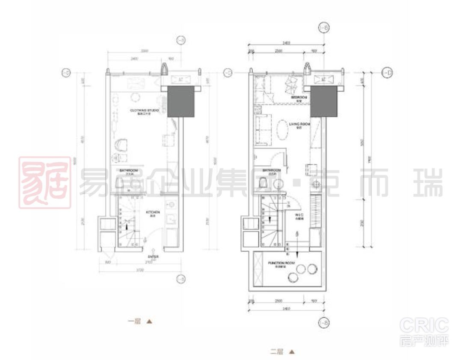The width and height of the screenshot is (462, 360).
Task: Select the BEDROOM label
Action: [x=299, y=98]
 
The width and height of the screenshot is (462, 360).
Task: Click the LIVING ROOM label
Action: [x=299, y=124]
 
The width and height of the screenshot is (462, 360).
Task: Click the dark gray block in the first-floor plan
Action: [x=181, y=101]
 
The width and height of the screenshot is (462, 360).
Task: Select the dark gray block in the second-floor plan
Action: [x=324, y=101]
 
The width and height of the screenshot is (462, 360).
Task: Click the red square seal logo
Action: [x=44, y=182]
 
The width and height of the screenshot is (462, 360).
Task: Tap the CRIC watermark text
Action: [x=424, y=326]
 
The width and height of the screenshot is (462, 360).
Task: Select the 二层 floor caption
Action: [x=277, y=352]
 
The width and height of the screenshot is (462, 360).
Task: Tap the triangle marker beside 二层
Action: [x=292, y=352]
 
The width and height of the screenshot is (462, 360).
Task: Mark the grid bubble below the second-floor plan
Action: [x=324, y=322]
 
